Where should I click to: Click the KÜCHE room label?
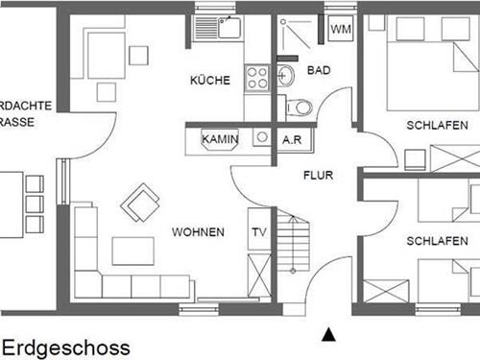(209, 81)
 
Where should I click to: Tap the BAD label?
(318, 70)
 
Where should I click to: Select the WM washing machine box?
(341, 29)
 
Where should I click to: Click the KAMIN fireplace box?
(220, 139)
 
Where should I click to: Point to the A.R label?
(293, 139)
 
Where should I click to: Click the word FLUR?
(318, 176)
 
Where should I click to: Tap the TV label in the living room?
(257, 231)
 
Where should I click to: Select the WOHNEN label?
(198, 232)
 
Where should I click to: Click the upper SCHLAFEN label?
(437, 125)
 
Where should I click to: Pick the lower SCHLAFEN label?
(437, 240)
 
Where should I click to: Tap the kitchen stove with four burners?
(256, 78)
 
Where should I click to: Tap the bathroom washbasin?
(285, 74)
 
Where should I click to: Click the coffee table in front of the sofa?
(132, 252)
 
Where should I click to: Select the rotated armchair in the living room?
(140, 203)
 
